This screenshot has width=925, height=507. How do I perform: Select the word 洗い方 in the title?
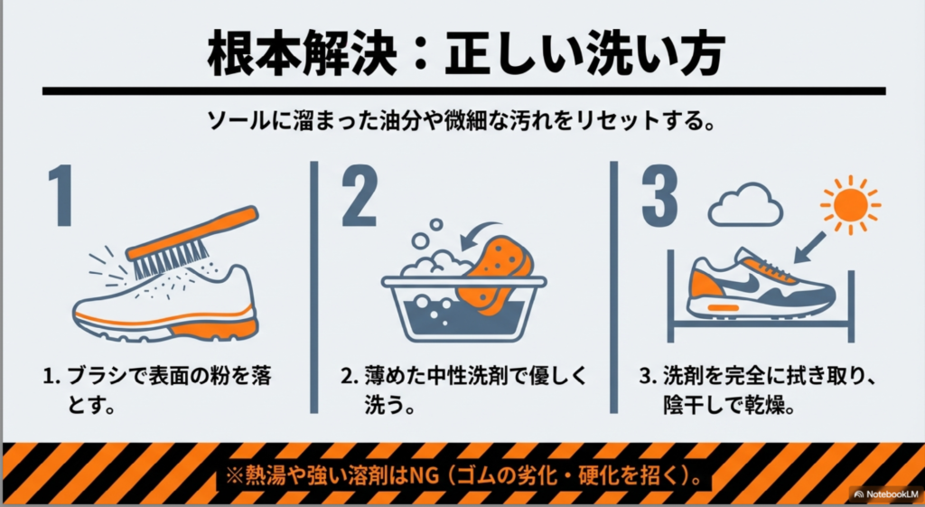point(650,54)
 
